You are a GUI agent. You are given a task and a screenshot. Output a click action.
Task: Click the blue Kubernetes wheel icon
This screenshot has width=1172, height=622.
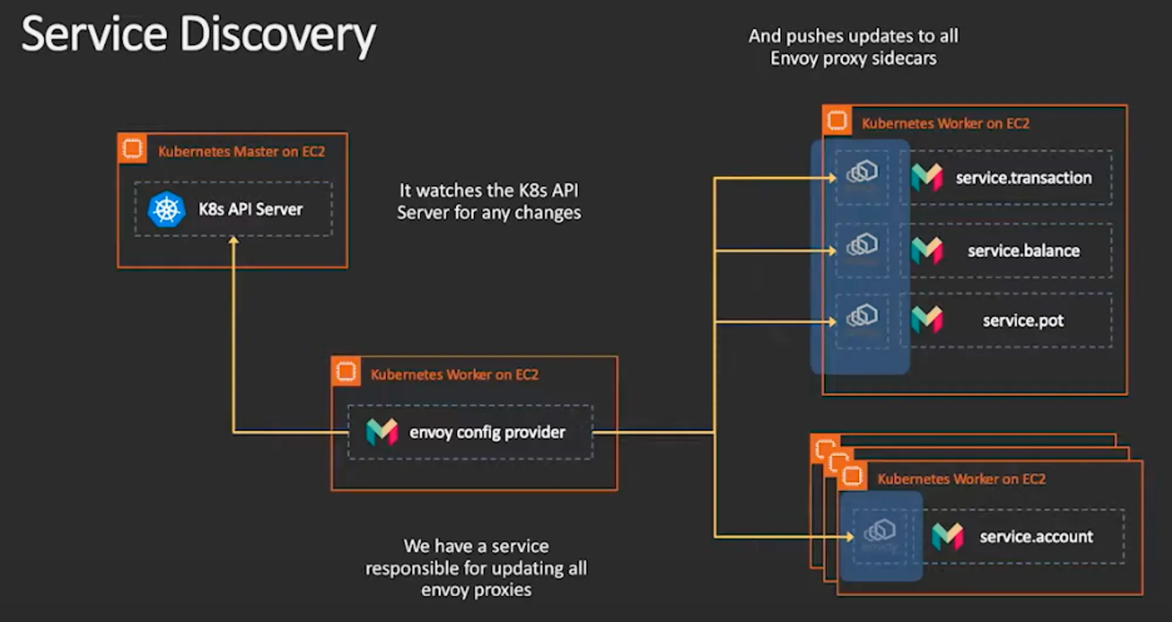click(166, 209)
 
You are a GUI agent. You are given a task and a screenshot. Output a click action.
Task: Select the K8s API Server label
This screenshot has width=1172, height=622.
click(250, 209)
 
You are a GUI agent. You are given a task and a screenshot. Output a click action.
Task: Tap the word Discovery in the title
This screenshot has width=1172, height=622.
click(277, 35)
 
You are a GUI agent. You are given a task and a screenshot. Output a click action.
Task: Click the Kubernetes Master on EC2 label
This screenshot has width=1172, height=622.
click(241, 152)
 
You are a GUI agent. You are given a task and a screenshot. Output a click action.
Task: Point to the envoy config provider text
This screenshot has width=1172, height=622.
click(487, 432)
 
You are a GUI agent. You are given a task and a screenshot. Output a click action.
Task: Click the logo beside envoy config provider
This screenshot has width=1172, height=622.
click(382, 432)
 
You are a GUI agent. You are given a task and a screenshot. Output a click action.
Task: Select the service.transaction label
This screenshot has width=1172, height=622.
click(1023, 177)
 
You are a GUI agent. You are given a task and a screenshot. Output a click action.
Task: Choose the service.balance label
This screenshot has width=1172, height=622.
click(1023, 251)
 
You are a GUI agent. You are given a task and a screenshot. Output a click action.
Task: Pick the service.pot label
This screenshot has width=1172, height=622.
click(1023, 320)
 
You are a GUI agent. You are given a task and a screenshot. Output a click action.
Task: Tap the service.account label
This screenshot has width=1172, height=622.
click(1036, 536)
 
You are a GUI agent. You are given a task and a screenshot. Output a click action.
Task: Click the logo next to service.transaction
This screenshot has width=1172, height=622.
click(927, 177)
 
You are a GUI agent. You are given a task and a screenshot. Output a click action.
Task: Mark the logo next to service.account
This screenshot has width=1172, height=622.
click(948, 536)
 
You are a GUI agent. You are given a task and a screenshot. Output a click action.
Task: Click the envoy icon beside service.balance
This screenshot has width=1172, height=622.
click(862, 245)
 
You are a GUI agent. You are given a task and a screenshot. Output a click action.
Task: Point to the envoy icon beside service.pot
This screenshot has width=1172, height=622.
click(862, 316)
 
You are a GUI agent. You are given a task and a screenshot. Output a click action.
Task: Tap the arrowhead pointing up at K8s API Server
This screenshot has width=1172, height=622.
click(233, 240)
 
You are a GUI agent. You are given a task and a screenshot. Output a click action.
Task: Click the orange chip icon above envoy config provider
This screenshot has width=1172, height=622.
click(346, 371)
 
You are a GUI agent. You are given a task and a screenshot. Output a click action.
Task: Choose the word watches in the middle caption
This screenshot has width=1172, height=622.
click(449, 190)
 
